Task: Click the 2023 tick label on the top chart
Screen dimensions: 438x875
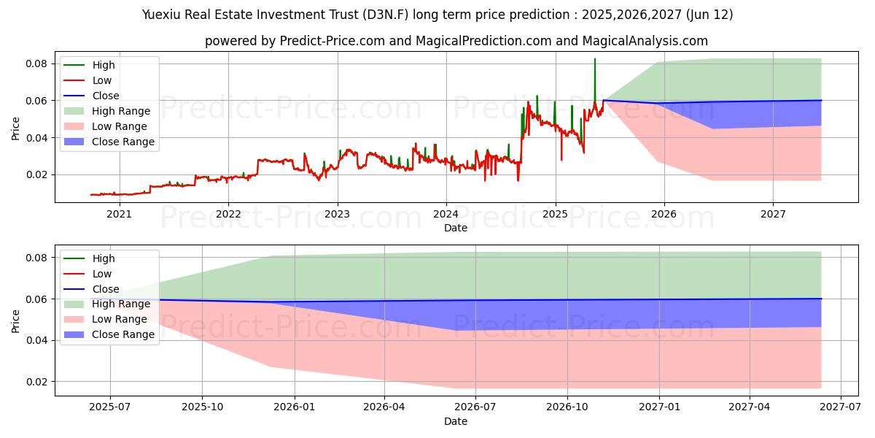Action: pyautogui.click(x=337, y=214)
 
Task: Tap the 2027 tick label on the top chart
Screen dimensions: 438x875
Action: pyautogui.click(x=773, y=214)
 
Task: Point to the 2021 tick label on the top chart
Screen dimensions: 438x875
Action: pyautogui.click(x=119, y=214)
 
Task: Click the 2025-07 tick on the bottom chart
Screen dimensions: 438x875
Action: pyautogui.click(x=111, y=407)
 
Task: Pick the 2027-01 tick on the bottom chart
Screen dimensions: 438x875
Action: pyautogui.click(x=659, y=407)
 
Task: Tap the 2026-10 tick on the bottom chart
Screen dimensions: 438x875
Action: pyautogui.click(x=567, y=407)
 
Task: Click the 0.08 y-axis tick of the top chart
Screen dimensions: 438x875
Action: pyautogui.click(x=36, y=64)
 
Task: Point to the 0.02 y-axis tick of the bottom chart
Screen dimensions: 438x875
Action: pyautogui.click(x=36, y=382)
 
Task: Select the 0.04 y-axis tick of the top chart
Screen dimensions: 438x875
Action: pyautogui.click(x=36, y=138)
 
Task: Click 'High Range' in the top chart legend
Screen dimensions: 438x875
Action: pyautogui.click(x=120, y=111)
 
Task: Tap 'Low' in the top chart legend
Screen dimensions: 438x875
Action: pyautogui.click(x=101, y=80)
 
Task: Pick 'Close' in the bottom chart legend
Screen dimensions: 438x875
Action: pyautogui.click(x=105, y=289)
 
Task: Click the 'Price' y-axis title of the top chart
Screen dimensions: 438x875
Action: pyautogui.click(x=16, y=128)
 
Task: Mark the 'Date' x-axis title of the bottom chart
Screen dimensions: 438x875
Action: pyautogui.click(x=456, y=421)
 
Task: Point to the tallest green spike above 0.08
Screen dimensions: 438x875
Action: pyautogui.click(x=594, y=61)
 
